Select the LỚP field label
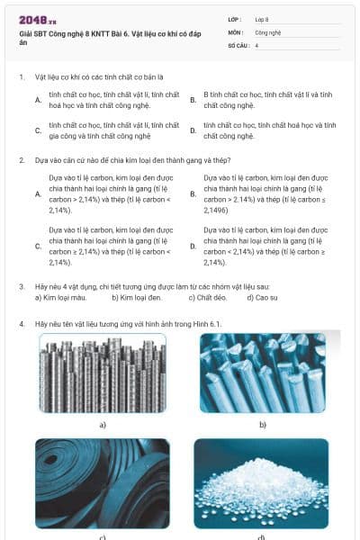coord(234,19)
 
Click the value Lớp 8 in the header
coord(262,19)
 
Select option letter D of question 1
coord(193,130)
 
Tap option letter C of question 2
coord(38,246)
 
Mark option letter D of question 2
coord(193,246)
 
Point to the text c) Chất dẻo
coord(205,297)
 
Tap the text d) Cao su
coord(260,297)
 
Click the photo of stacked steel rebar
coord(102,373)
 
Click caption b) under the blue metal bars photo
coord(263,423)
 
